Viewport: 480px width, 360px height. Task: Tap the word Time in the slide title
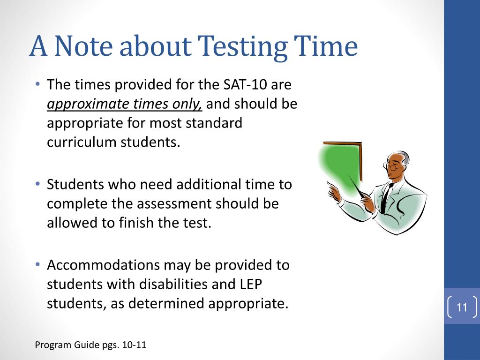[326, 47]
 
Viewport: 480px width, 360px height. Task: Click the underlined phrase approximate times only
[124, 104]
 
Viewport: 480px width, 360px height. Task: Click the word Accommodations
[103, 265]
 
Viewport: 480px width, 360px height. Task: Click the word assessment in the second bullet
[178, 204]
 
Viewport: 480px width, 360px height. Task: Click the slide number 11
[462, 307]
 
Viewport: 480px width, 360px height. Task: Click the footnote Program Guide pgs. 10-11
[91, 345]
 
